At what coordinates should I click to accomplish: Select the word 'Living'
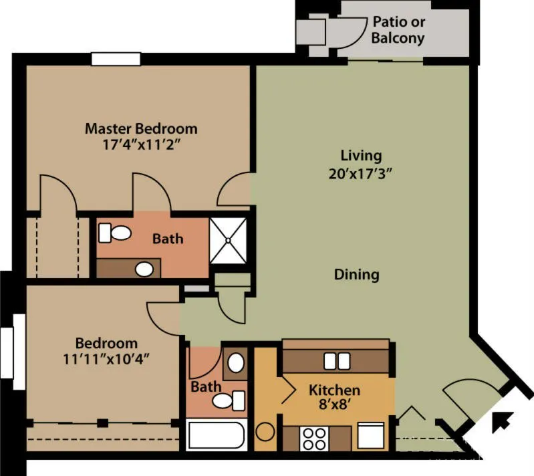click(x=361, y=156)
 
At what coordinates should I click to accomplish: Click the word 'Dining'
click(x=356, y=274)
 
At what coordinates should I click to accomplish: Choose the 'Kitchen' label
click(x=334, y=390)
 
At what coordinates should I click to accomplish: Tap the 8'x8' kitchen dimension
click(x=334, y=405)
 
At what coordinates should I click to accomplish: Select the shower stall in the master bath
click(x=229, y=239)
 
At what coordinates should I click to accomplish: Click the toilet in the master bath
click(x=114, y=233)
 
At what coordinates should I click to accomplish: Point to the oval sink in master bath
click(x=144, y=269)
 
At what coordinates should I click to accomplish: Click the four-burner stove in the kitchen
click(x=313, y=438)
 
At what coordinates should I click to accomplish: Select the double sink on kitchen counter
click(x=336, y=361)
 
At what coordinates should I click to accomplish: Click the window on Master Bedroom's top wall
click(x=116, y=59)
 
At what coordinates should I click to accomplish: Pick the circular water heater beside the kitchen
click(x=265, y=431)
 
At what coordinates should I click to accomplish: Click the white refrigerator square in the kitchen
click(x=370, y=435)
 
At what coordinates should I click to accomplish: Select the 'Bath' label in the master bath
click(x=168, y=238)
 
